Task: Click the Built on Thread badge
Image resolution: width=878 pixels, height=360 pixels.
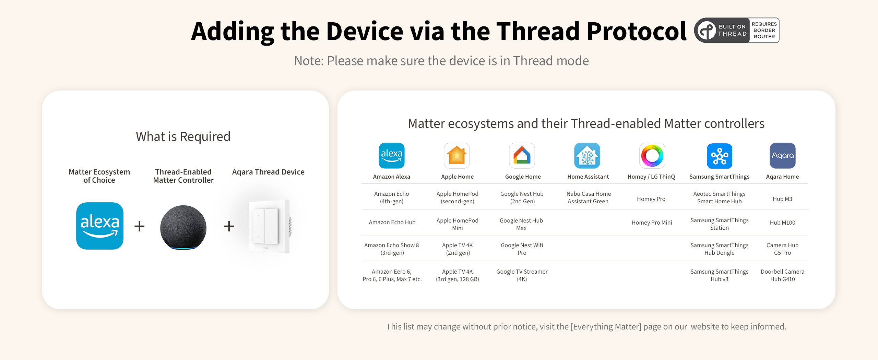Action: coord(736,31)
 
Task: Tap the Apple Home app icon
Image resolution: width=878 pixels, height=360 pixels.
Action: coord(457,156)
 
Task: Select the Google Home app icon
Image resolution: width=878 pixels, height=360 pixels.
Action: coord(522,156)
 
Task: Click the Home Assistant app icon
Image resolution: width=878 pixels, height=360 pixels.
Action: coord(587,156)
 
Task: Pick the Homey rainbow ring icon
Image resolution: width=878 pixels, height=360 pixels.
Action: coord(652,156)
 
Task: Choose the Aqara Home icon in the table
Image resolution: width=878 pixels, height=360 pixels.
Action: coord(783,156)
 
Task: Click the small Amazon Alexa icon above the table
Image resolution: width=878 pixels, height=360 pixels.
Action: coord(392,156)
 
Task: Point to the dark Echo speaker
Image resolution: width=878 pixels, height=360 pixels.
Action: coord(183,227)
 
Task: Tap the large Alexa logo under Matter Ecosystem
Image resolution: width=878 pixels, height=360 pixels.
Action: coord(100,226)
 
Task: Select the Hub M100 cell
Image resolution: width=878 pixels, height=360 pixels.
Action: coord(783,223)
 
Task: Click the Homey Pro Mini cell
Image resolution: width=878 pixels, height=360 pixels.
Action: coord(652,223)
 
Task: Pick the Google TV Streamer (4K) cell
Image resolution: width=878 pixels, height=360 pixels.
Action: coord(522,275)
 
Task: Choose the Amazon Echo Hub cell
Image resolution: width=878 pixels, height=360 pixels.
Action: coord(392,222)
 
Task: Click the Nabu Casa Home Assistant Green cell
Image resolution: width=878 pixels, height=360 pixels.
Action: coord(589,197)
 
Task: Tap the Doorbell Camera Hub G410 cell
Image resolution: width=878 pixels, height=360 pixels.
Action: coord(783,275)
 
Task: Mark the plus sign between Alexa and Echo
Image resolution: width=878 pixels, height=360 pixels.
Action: coord(139,226)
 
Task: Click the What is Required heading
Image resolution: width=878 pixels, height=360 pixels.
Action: coord(183,136)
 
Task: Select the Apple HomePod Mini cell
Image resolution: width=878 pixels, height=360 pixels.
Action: coord(458,224)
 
